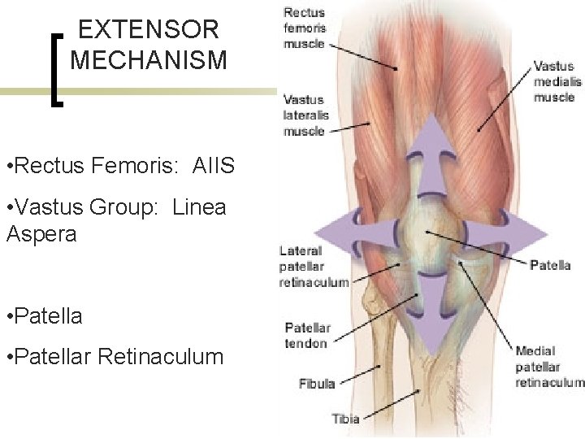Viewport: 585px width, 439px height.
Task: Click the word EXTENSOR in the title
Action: (149, 30)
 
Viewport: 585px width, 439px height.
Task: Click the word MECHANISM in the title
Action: (149, 60)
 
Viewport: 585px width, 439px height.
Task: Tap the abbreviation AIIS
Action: (214, 167)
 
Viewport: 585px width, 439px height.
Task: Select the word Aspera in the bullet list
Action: (41, 234)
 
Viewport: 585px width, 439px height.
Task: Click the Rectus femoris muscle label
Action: (304, 28)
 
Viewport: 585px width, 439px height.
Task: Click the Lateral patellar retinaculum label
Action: (314, 267)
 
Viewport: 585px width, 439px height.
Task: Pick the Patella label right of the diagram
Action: (550, 265)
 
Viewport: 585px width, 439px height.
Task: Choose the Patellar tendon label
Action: (307, 335)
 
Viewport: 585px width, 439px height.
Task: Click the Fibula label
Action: (317, 383)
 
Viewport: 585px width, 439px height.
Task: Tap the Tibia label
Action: (345, 419)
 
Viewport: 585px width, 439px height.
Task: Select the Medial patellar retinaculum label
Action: (549, 367)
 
